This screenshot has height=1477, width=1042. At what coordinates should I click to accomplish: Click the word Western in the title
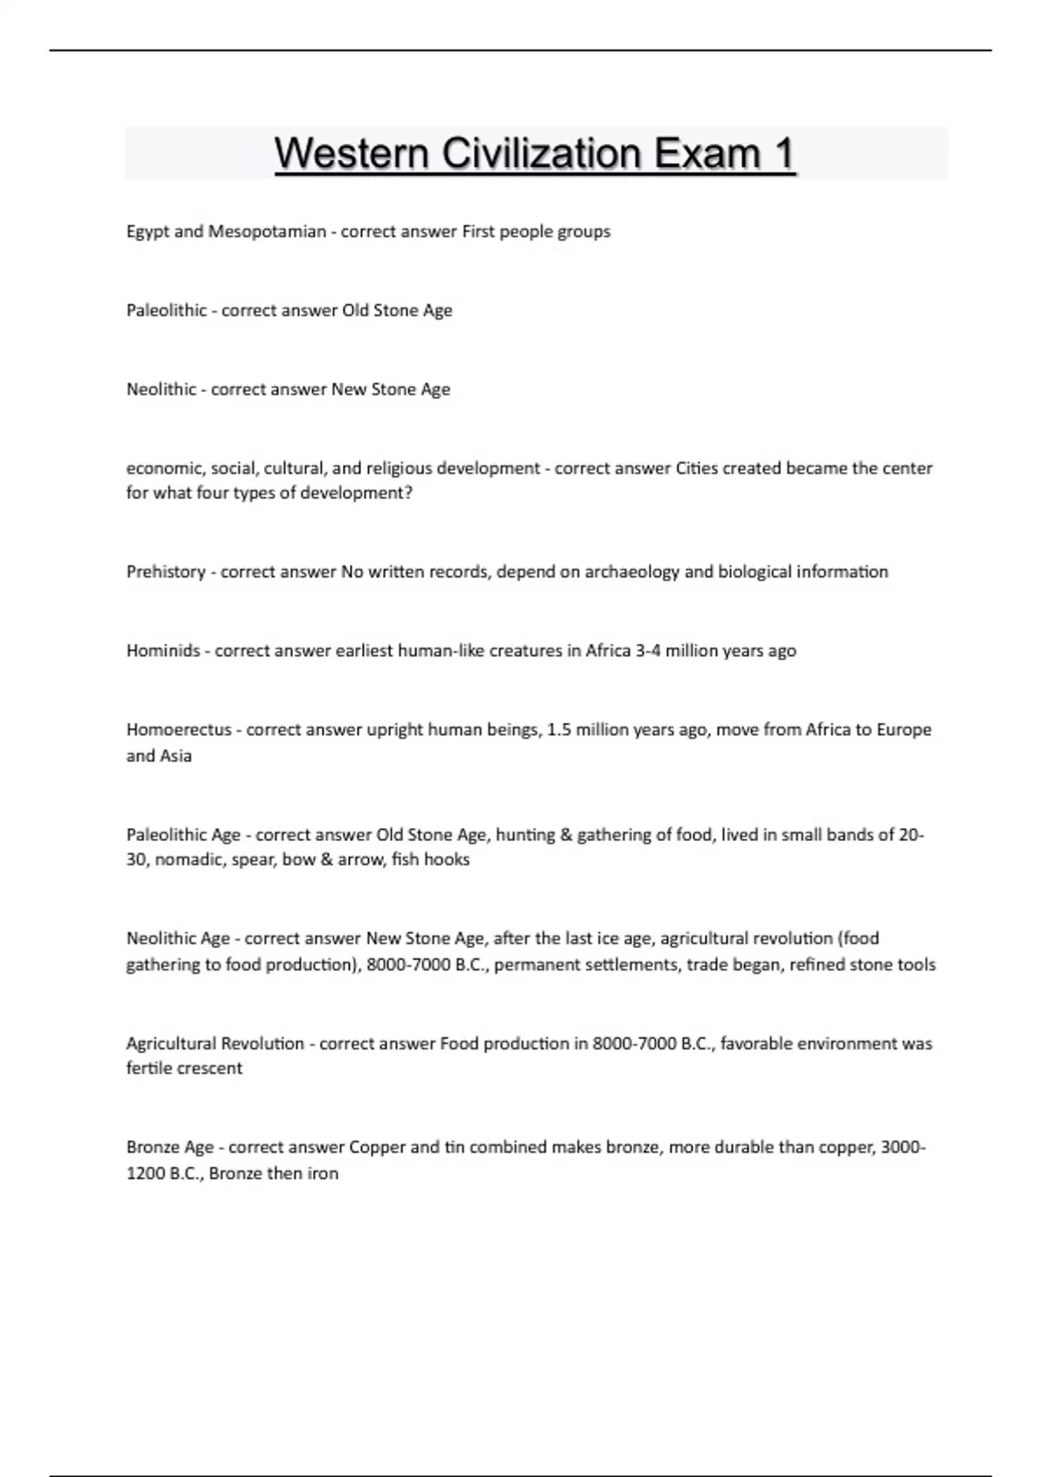tap(352, 154)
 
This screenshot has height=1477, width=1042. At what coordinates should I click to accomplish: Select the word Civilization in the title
tap(542, 154)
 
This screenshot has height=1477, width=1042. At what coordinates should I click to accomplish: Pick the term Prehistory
tap(166, 572)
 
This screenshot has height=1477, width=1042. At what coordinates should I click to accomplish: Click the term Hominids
tap(163, 651)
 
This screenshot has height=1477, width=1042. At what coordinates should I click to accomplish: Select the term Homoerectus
tap(179, 730)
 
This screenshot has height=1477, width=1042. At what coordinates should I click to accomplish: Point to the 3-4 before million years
tap(648, 651)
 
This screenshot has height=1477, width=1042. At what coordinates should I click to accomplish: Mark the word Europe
tap(904, 730)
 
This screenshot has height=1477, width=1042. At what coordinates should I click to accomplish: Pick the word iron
tap(322, 1173)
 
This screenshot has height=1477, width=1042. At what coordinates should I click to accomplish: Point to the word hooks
tap(446, 859)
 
